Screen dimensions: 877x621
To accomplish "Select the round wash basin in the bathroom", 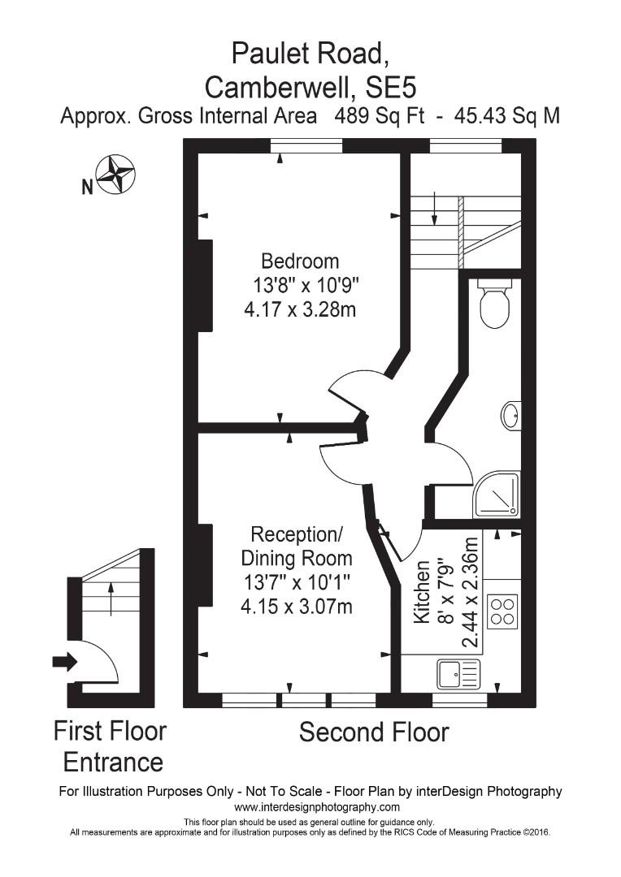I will click(511, 415).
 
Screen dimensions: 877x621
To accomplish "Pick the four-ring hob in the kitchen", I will click(502, 611).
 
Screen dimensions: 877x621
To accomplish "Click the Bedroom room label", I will click(299, 261).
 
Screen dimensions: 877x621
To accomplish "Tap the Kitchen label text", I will click(422, 593).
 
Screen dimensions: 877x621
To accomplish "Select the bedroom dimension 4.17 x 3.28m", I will click(300, 309).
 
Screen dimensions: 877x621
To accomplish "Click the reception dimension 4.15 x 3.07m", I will click(297, 606).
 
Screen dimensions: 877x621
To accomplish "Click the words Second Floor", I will click(374, 732).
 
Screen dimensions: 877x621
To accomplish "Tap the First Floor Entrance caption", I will click(111, 746).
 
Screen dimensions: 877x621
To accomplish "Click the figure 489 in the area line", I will click(351, 116).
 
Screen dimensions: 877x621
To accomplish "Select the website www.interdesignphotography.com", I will click(317, 807).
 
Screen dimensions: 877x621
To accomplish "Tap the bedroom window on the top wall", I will click(306, 145).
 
